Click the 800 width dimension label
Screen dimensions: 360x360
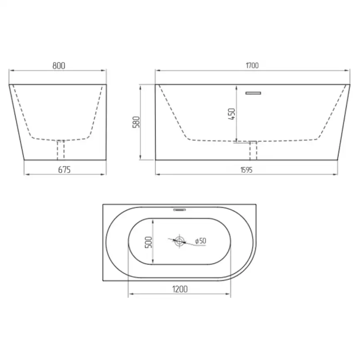[59, 66]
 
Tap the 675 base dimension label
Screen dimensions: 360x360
[64, 170]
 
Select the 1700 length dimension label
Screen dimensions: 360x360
[252, 66]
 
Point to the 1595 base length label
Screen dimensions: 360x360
[247, 170]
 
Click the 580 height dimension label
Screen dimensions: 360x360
[136, 122]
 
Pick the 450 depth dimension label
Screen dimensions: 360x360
[232, 114]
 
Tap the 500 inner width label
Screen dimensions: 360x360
[148, 242]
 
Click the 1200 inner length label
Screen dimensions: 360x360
[180, 289]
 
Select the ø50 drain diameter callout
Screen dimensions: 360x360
[201, 241]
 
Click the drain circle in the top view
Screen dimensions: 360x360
[179, 241]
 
